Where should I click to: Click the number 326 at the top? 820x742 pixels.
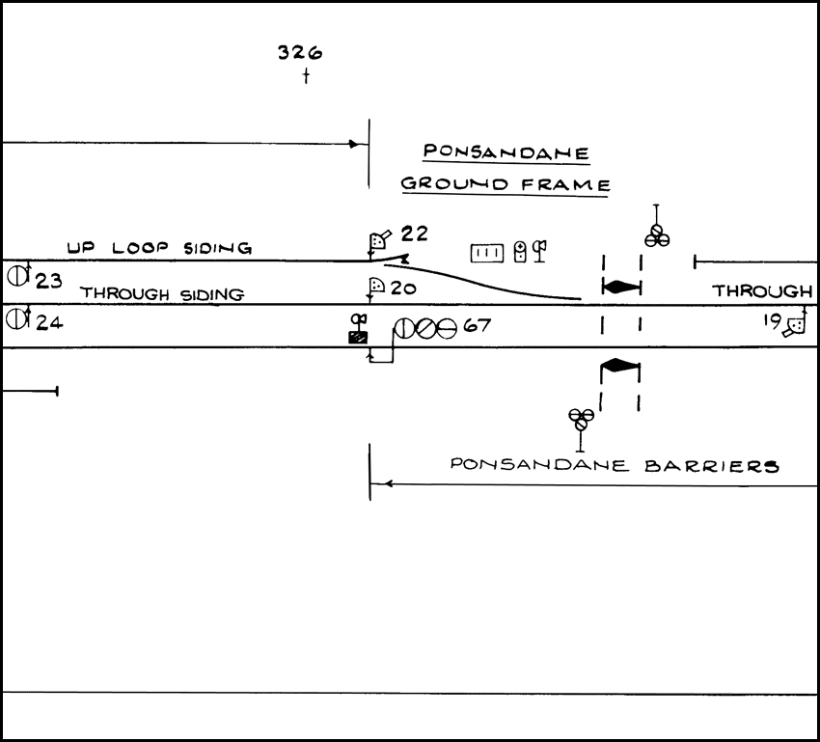(x=299, y=53)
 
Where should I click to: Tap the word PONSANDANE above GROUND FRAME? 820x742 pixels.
(x=507, y=152)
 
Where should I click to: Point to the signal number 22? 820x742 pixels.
(x=415, y=234)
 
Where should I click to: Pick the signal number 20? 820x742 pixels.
(x=403, y=288)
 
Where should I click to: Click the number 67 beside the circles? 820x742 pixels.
(x=478, y=327)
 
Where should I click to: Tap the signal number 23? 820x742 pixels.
(x=49, y=281)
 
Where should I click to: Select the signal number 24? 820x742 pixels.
(x=49, y=321)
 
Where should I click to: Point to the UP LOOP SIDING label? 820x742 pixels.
(x=159, y=248)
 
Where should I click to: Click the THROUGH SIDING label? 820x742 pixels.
(x=161, y=293)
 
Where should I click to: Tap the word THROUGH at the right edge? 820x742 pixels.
(x=762, y=290)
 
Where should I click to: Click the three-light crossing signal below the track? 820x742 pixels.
(x=580, y=419)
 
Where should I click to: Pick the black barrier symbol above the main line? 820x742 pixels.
(x=621, y=287)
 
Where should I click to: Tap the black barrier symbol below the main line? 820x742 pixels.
(x=620, y=365)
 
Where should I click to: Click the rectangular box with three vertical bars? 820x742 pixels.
(x=487, y=253)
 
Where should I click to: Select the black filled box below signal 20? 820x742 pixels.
(x=358, y=337)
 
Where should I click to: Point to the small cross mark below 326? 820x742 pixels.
(x=306, y=76)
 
